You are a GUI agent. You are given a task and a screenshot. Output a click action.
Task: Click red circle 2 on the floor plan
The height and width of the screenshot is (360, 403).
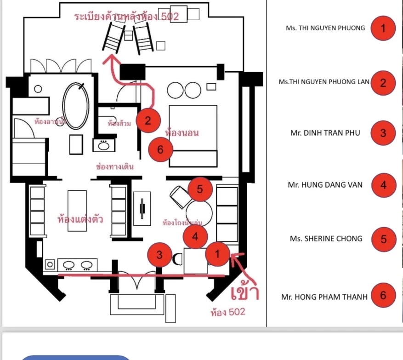click(x=148, y=120)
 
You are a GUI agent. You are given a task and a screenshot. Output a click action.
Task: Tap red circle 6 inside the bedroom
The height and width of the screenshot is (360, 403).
click(x=160, y=150)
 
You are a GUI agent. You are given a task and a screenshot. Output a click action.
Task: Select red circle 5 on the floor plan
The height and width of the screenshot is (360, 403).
click(x=199, y=189)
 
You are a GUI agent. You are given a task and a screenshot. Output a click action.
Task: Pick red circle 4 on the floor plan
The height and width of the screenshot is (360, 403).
click(x=195, y=236)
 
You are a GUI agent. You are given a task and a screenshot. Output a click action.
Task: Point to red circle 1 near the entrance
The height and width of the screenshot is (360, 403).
click(x=218, y=253)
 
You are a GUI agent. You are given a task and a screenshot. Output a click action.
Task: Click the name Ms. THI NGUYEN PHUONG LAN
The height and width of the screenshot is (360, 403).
click(x=324, y=82)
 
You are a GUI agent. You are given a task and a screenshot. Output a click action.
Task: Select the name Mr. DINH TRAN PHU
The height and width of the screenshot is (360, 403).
click(x=325, y=133)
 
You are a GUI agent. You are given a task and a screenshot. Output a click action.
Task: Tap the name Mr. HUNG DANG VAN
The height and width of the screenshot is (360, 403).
click(x=325, y=185)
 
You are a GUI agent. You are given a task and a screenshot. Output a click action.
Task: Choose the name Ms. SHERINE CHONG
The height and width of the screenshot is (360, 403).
click(x=326, y=239)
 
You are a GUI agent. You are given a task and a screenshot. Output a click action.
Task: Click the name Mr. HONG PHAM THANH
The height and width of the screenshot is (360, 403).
click(x=324, y=297)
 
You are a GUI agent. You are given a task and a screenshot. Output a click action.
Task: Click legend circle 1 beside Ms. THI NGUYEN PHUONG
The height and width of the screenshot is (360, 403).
click(x=383, y=29)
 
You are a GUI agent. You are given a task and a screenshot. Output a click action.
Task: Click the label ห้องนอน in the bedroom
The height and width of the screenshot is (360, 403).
click(x=182, y=133)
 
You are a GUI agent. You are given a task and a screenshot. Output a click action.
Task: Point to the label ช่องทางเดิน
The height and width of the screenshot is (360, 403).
click(x=115, y=166)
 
